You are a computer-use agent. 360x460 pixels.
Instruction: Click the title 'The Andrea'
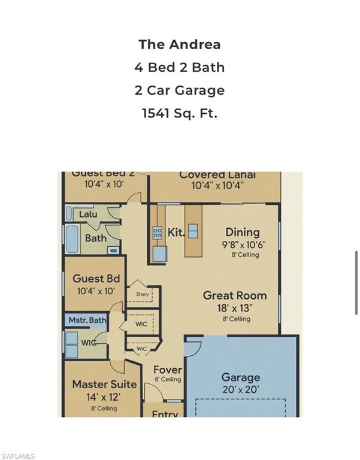coord(180,44)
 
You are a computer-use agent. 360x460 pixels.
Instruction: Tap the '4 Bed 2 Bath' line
coord(180,67)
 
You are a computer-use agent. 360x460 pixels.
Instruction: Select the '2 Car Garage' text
coord(180,90)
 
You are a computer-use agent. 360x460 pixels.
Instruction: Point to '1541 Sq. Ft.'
coord(180,113)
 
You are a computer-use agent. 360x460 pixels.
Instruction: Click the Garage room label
coord(241,377)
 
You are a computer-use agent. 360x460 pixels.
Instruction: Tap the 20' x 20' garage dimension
coord(241,389)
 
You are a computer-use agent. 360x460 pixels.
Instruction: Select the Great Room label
coord(235,295)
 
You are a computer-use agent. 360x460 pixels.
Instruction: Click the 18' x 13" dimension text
coord(235,308)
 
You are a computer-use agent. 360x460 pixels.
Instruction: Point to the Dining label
coord(243,232)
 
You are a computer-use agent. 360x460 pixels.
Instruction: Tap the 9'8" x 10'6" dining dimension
coord(243,244)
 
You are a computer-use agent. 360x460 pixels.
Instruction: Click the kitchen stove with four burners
coord(158,233)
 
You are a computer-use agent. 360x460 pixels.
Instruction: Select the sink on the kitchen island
coord(193,231)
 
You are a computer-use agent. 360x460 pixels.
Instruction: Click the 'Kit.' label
coord(176,232)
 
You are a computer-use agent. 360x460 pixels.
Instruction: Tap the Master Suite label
coord(104,384)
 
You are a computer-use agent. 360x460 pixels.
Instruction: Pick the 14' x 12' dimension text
coord(104,397)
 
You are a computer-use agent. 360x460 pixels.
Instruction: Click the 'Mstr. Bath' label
coord(87,320)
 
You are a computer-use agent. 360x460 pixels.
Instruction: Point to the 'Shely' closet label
coord(143,294)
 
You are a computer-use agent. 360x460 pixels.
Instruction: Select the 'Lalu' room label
coord(88,214)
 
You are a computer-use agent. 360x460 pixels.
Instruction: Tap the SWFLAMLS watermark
coord(18,456)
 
